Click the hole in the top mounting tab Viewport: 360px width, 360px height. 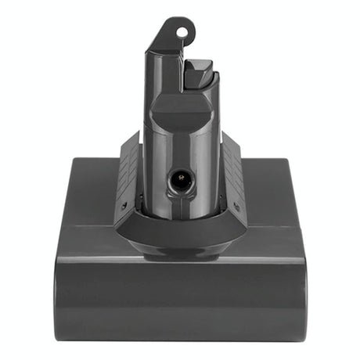pyautogui.click(x=183, y=33)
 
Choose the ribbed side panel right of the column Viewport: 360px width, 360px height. pyautogui.click(x=232, y=168)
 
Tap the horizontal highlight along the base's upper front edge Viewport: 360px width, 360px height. pyautogui.click(x=179, y=261)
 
